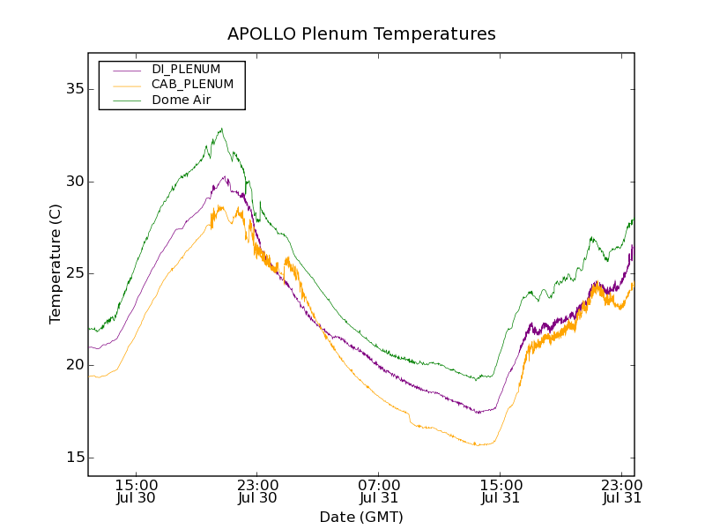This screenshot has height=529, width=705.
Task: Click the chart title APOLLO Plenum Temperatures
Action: (361, 34)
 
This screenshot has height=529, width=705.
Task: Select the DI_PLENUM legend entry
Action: (186, 69)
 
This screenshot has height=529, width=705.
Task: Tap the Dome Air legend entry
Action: (181, 100)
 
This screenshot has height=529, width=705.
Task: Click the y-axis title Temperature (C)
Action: (56, 264)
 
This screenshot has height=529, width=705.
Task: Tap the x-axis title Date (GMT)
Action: (361, 517)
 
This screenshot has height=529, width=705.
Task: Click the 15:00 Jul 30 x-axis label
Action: (137, 491)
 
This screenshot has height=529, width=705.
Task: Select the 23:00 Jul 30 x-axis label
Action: (257, 491)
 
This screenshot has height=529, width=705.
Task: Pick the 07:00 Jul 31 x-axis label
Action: (379, 491)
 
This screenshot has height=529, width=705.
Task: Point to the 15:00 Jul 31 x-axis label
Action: (500, 491)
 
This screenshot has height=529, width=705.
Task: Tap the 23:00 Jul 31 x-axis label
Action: (620, 491)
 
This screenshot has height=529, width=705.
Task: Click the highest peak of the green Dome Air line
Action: (221, 129)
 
